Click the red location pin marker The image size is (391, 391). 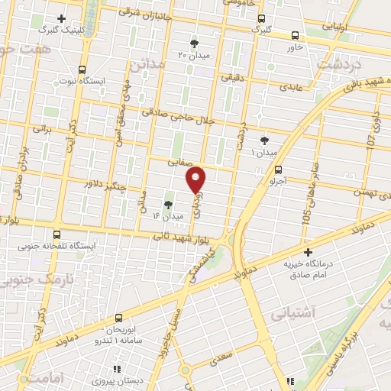[x=196, y=179]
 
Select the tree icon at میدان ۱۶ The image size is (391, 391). [x=168, y=204]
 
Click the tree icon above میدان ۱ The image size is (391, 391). [x=265, y=141]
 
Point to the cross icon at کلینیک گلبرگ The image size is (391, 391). [x=61, y=17]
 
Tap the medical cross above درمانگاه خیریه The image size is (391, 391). [x=308, y=252]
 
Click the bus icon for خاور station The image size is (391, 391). [x=296, y=34]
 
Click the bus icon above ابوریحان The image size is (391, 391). [x=118, y=317]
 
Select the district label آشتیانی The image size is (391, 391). [x=292, y=312]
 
